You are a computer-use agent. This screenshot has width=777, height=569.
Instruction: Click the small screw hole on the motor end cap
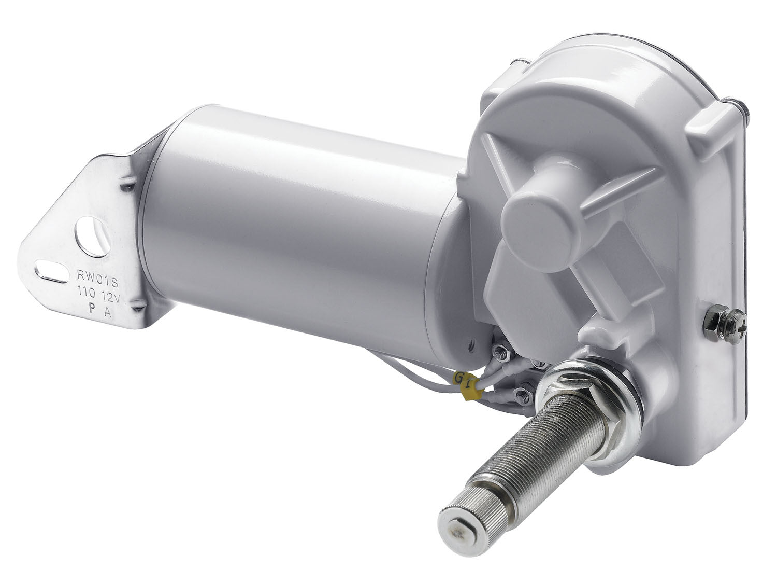[471, 343]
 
